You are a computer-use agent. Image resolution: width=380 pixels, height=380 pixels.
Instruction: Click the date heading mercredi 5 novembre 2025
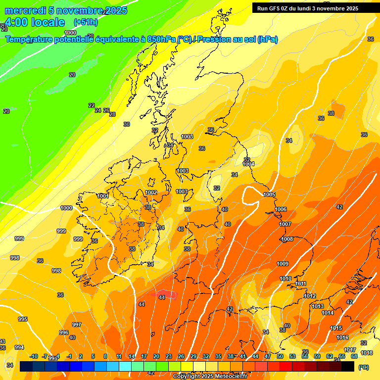[x=66, y=10]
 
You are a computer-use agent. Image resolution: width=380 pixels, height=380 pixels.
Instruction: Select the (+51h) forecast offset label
[x=86, y=22]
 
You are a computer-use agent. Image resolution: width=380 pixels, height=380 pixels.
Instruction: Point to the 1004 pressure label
[x=248, y=164]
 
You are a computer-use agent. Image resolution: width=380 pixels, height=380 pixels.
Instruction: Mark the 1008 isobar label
[x=287, y=239]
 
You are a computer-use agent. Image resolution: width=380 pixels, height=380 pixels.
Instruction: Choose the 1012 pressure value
[x=310, y=296]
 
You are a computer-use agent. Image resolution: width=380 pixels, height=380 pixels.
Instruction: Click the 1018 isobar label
[x=367, y=353]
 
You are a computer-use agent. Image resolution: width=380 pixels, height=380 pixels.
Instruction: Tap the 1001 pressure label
[x=103, y=196]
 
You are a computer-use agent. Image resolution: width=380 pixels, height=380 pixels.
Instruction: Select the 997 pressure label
[x=77, y=325]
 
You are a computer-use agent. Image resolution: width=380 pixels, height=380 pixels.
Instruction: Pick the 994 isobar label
[x=19, y=347]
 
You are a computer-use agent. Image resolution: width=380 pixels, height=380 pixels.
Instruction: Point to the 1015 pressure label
[x=336, y=328]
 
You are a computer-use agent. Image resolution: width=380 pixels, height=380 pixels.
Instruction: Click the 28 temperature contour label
[x=112, y=114]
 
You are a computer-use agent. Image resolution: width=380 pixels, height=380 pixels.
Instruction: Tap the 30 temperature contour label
[x=127, y=124]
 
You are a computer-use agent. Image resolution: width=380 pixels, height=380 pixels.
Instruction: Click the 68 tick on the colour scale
[x=354, y=356]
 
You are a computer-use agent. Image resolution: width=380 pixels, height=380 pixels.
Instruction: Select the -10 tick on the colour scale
[x=34, y=356]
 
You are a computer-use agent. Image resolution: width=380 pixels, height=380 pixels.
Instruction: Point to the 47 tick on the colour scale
[x=268, y=356]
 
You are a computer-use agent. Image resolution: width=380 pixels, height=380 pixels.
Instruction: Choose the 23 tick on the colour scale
[x=169, y=356]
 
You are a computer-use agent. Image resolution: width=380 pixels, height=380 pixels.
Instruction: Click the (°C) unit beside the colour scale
[x=364, y=367]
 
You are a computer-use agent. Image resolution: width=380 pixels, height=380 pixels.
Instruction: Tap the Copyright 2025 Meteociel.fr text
[x=210, y=377]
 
